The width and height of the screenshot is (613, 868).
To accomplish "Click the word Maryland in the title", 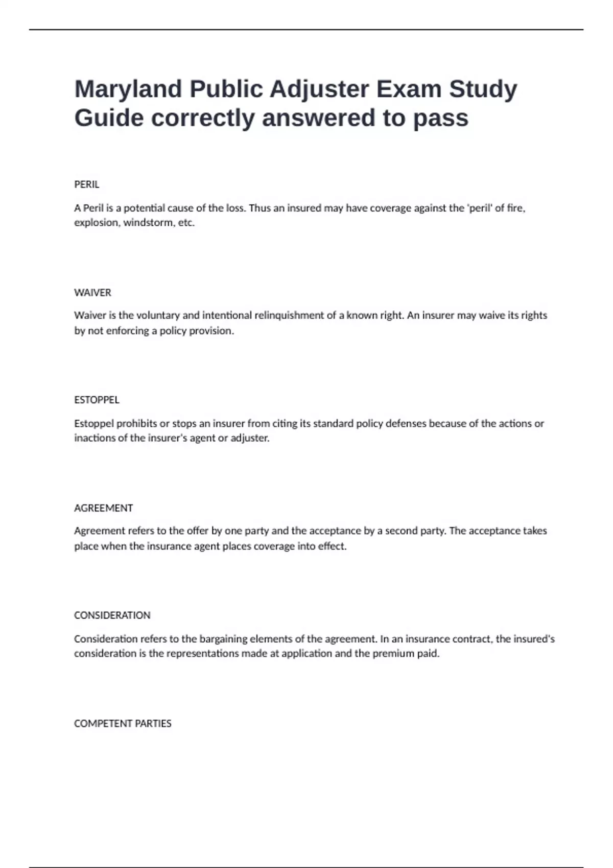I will point(128,89).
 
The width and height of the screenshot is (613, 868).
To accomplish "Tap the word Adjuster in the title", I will point(319,89).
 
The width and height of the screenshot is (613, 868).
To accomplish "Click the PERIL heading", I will point(87,184).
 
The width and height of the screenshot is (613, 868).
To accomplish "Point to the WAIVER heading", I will point(92,293).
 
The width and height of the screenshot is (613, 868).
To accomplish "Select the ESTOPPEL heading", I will point(97,400).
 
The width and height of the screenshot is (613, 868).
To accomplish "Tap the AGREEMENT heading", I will point(103,508).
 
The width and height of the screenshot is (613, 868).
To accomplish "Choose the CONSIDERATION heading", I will point(112,615).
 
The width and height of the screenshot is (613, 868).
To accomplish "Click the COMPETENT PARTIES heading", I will point(123,724).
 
